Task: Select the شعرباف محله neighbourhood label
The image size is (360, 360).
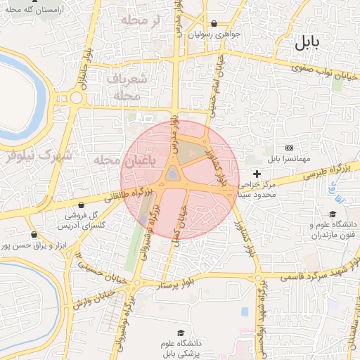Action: click(129, 86)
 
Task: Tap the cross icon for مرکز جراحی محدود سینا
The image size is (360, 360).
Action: click(257, 174)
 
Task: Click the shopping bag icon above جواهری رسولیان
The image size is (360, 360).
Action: click(214, 23)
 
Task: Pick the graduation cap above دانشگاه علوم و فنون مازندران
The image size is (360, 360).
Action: click(332, 214)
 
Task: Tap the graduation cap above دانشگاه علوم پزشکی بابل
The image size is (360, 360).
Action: click(181, 333)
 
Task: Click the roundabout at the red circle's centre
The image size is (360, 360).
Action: click(172, 176)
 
